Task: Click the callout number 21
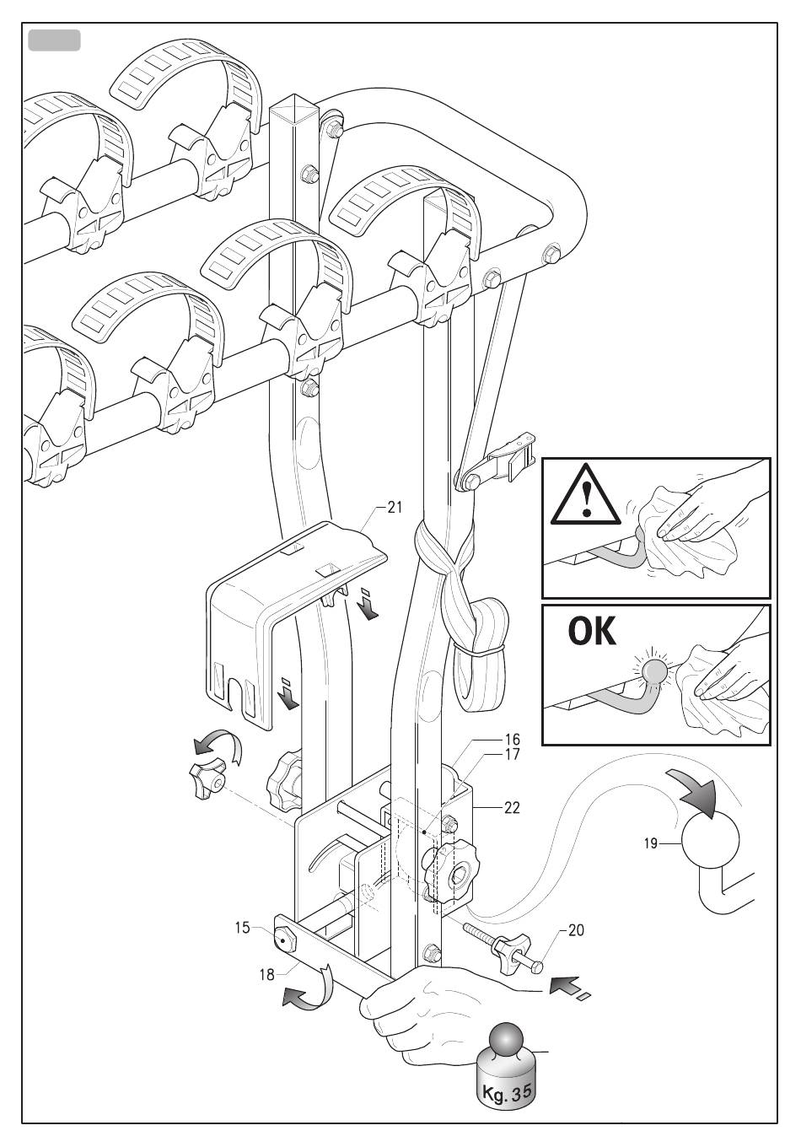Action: [395, 508]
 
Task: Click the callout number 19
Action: [651, 843]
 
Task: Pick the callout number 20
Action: [576, 930]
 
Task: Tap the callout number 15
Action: [243, 928]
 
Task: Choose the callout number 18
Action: [267, 974]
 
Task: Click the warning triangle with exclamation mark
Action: [585, 497]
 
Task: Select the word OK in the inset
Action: [592, 632]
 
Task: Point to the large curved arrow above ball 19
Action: [696, 792]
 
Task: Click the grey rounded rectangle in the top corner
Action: [54, 40]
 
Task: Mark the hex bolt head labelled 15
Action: [282, 940]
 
